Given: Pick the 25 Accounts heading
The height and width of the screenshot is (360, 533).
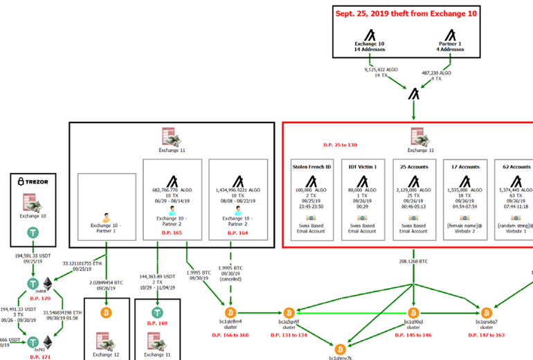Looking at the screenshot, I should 414,167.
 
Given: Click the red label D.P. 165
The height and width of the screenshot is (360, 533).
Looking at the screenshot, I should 171,233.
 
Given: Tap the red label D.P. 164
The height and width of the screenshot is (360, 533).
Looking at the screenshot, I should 237,233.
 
